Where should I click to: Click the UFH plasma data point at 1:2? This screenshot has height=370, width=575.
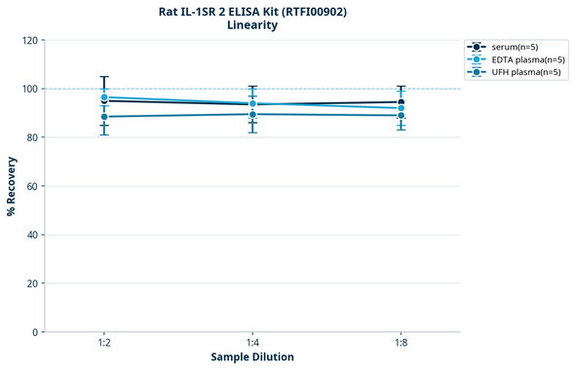coord(104,117)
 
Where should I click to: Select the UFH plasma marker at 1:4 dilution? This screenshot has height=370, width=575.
coord(252,114)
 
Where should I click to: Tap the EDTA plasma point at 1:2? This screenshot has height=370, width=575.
coord(104,97)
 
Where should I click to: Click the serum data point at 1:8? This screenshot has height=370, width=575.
coord(402,102)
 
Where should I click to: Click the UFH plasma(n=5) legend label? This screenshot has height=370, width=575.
coord(527,72)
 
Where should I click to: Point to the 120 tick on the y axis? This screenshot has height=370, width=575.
coord(28,41)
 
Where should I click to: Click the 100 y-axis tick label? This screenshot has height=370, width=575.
coord(28,90)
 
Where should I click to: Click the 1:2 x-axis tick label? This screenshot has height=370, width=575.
coord(104,344)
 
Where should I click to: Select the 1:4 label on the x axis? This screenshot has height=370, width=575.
coord(252,344)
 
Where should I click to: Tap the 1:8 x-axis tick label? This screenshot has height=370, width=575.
coord(402,344)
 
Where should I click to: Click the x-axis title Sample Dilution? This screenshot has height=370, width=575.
coord(252,357)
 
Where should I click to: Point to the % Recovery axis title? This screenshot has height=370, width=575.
coord(11,186)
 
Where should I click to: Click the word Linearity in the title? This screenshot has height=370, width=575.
coord(252,25)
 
